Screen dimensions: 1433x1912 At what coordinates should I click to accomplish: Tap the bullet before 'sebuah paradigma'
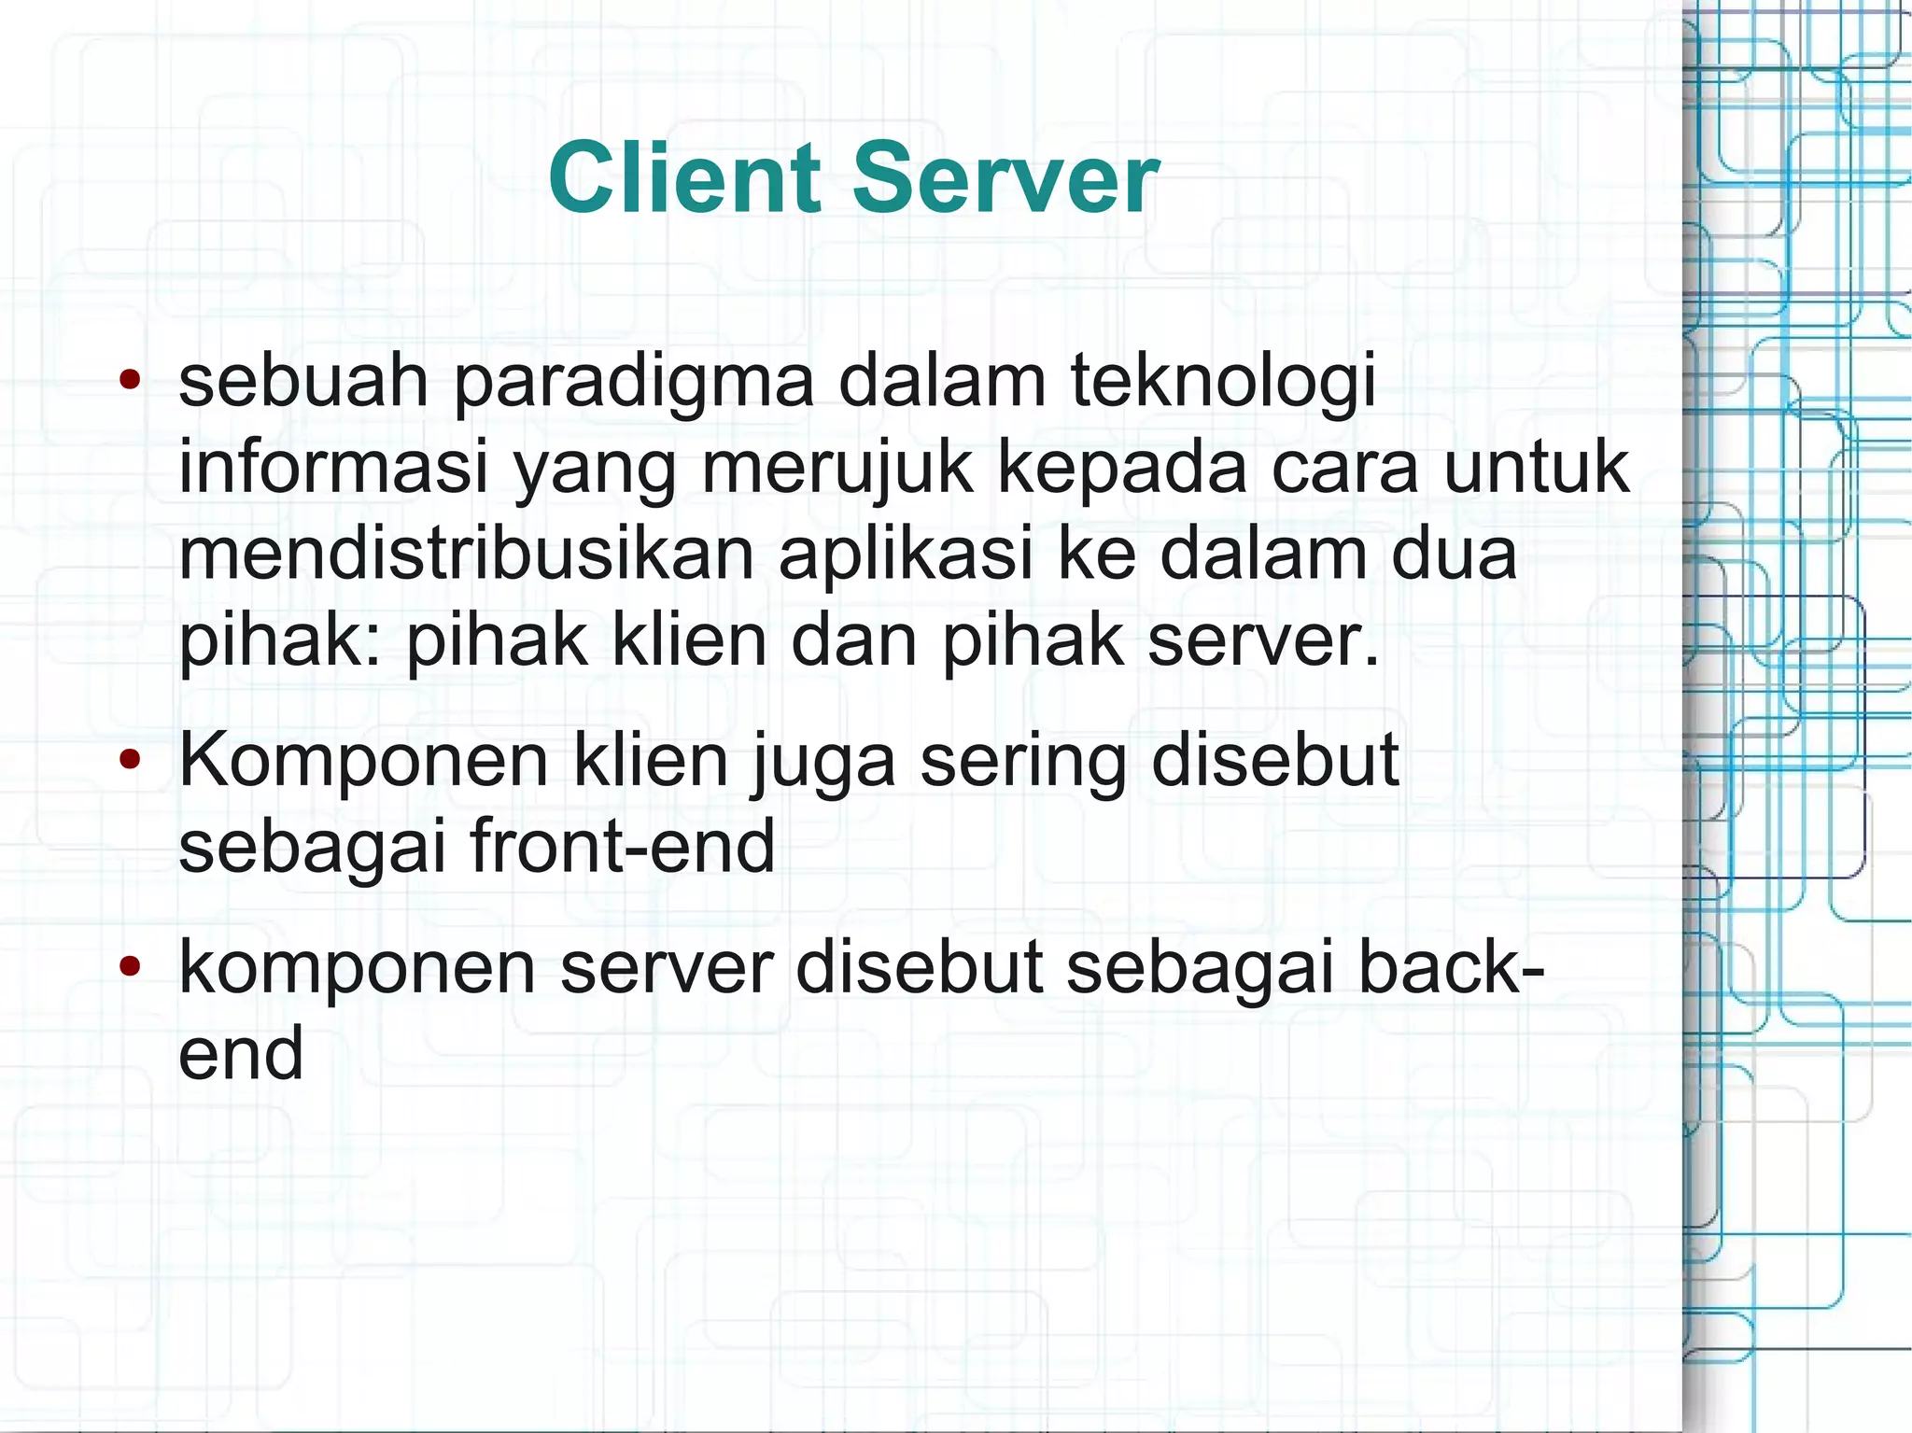130,380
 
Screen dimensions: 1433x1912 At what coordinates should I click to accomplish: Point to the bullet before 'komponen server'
130,967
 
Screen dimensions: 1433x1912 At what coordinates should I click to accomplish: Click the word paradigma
634,383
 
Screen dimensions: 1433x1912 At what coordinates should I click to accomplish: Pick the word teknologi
1222,383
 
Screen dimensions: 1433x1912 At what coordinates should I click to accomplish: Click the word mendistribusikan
466,554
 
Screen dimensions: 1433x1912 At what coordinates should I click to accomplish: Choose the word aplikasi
906,554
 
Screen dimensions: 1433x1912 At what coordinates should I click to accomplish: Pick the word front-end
622,846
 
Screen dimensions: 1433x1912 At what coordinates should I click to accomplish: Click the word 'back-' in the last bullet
1451,967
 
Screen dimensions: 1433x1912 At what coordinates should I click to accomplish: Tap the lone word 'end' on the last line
241,1053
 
